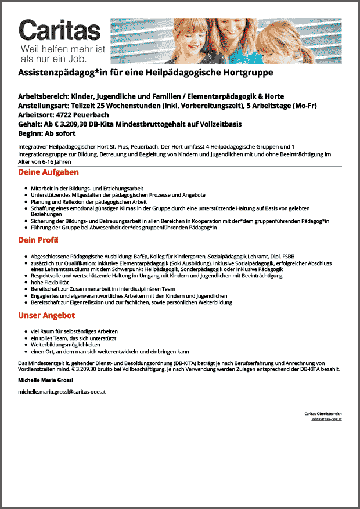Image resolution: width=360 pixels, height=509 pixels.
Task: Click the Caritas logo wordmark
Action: pyautogui.click(x=60, y=30)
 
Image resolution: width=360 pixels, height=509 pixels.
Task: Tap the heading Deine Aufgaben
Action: pyautogui.click(x=48, y=172)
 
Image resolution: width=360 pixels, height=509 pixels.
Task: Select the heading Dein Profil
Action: pyautogui.click(x=38, y=240)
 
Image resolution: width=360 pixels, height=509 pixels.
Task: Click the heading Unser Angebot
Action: pyautogui.click(x=46, y=316)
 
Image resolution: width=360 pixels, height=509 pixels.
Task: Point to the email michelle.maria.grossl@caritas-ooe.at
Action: pyautogui.click(x=62, y=392)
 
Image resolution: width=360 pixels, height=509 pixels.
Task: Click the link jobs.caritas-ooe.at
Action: pyautogui.click(x=326, y=418)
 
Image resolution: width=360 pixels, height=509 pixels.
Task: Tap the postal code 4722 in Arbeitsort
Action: pyautogui.click(x=74, y=115)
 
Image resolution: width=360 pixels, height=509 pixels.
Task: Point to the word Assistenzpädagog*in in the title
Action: pyautogui.click(x=65, y=73)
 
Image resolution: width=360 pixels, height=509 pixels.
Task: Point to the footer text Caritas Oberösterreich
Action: pyautogui.click(x=323, y=413)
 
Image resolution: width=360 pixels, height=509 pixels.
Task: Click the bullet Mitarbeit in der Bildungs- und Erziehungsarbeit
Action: pyautogui.click(x=87, y=189)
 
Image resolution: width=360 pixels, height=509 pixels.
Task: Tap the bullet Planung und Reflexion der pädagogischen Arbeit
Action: pyautogui.click(x=88, y=201)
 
